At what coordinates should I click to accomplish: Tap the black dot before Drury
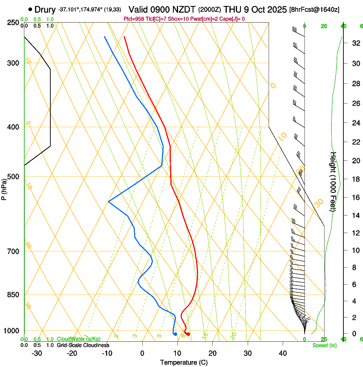[30, 9]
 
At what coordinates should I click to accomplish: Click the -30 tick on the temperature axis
[37, 353]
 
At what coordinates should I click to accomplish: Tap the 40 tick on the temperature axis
[283, 353]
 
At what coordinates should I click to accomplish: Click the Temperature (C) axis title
[184, 362]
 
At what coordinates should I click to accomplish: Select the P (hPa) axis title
[4, 187]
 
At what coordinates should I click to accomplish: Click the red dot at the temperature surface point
[188, 334]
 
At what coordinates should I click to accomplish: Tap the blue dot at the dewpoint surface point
[175, 334]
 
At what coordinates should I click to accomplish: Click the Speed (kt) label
[325, 345]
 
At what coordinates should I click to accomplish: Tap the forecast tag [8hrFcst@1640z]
[314, 9]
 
